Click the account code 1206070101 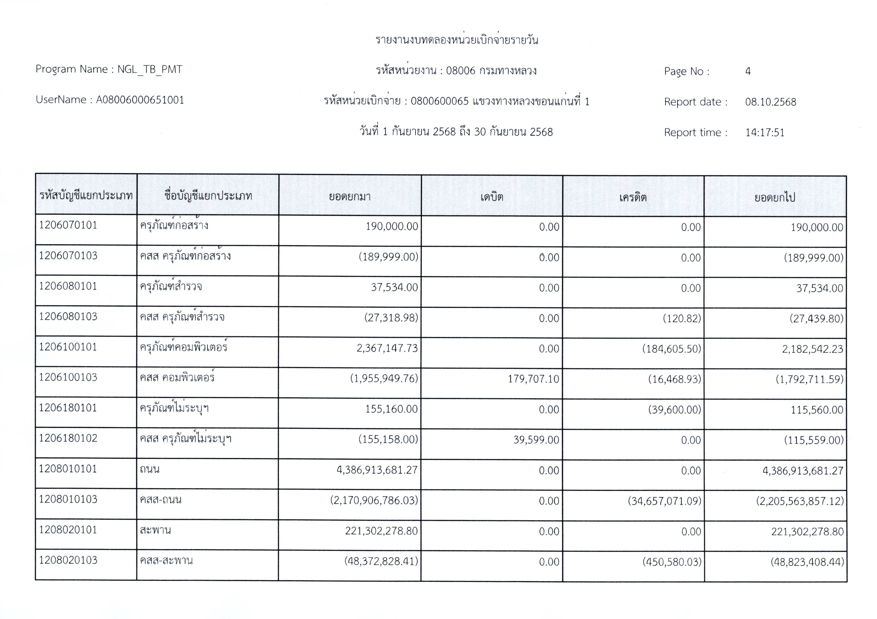(68, 225)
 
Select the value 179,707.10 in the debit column (533, 379)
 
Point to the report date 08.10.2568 (770, 102)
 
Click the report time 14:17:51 (765, 133)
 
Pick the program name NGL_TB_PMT (150, 69)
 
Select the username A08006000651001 (140, 100)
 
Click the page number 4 (748, 71)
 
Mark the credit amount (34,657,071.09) (665, 501)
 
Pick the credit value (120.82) (682, 318)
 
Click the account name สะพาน (155, 530)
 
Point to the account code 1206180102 (68, 438)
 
